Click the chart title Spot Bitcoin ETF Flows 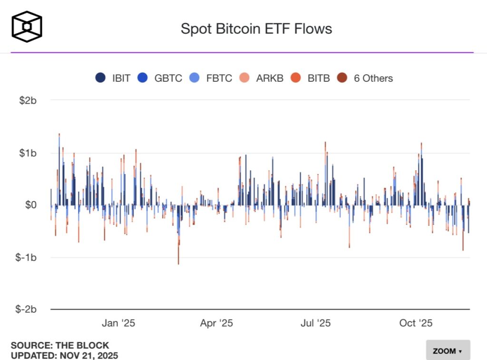click(x=256, y=29)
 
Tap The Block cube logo click(x=27, y=26)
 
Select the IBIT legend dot click(x=100, y=78)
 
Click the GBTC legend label click(x=168, y=78)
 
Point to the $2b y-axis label click(x=28, y=101)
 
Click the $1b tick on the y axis click(x=28, y=153)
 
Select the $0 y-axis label click(x=30, y=205)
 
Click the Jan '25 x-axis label click(x=118, y=323)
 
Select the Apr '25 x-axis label click(x=216, y=323)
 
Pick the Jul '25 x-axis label click(x=316, y=323)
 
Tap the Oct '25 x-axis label click(x=416, y=323)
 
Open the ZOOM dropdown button click(x=448, y=351)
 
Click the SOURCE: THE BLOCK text click(x=60, y=345)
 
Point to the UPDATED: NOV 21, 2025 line click(x=64, y=355)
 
